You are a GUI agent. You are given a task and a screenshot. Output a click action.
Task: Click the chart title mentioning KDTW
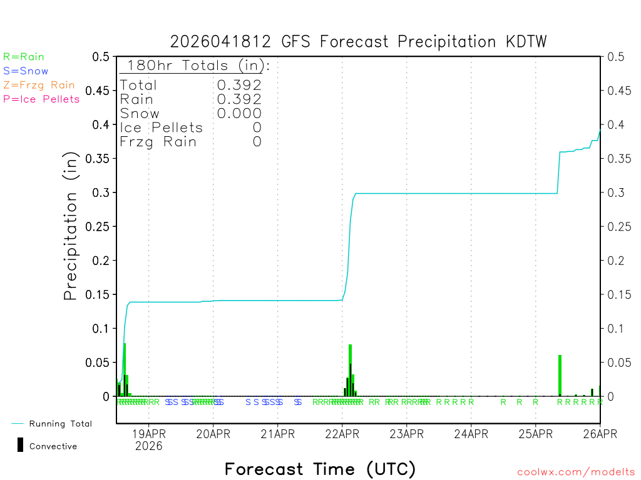pos(359,42)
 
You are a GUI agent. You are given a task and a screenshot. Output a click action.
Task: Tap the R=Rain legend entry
pos(24,57)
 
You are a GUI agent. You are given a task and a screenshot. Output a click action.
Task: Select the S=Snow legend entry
pos(26,71)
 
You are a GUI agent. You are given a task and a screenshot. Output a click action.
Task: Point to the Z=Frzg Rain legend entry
pos(39,85)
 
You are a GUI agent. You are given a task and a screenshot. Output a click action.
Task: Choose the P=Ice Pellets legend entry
pos(41,99)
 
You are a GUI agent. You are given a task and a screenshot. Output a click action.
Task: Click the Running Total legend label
pos(61,424)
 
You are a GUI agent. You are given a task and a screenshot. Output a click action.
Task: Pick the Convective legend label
pos(53,446)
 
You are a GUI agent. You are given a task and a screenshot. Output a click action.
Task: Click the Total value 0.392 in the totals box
pos(239,85)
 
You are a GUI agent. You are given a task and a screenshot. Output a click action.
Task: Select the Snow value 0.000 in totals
pos(239,113)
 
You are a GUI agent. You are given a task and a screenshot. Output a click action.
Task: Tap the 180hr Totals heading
pos(196,66)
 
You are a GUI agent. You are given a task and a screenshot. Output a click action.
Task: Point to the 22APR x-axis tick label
pos(342,432)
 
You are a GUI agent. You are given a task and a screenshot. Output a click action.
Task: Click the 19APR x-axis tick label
pos(148,432)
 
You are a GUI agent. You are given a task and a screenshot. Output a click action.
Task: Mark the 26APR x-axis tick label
pos(600,432)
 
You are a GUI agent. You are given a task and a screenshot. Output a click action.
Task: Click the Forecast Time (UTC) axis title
pos(320,469)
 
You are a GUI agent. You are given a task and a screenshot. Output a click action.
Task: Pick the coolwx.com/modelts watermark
pos(576,472)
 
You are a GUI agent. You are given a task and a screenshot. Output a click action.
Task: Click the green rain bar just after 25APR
pos(560,375)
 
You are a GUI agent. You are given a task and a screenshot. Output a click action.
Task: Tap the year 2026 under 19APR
pos(148,446)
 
